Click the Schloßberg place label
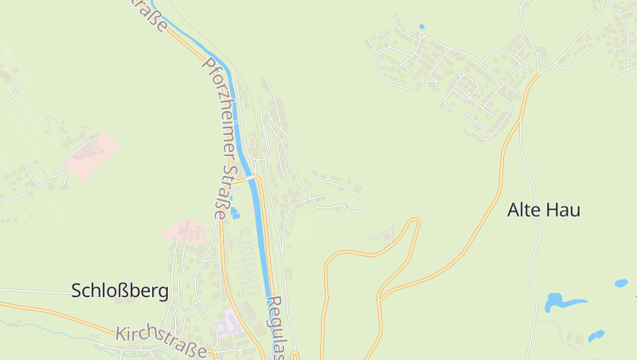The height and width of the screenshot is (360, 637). (x=120, y=291)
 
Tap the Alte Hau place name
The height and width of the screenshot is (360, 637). (x=544, y=210)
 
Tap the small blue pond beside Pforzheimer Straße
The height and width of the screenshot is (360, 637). (x=235, y=213)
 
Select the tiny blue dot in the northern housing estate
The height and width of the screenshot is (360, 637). (x=421, y=26)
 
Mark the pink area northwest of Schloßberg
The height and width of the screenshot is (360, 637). (x=92, y=156)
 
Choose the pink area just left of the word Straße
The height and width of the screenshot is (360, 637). (x=186, y=231)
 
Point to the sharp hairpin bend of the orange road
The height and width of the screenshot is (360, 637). (x=414, y=222)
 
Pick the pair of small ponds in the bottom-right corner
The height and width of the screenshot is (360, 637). (x=596, y=335)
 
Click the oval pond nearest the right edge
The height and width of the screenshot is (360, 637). (x=620, y=283)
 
